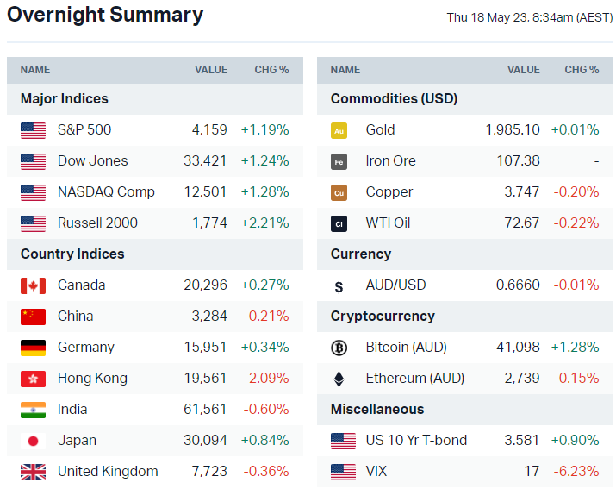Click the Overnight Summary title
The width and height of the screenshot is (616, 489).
coord(105,15)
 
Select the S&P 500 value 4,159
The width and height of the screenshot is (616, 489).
coord(209,129)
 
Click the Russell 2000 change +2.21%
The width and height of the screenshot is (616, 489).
coord(264,223)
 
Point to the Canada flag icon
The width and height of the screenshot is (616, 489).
coord(33,285)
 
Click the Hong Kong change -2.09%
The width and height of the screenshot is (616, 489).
coord(266,378)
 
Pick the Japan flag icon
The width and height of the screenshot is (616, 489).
coord(33,440)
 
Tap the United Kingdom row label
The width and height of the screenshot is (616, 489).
coord(108,471)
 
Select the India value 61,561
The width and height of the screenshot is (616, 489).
coord(206,409)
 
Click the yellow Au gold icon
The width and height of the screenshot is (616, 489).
coord(339,130)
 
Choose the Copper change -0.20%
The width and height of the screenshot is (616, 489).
coord(576,191)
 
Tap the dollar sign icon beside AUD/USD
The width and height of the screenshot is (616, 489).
coord(339,285)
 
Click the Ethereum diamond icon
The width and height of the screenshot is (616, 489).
coord(339,378)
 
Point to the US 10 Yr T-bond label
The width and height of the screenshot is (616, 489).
coord(416,440)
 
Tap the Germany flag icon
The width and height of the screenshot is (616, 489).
coord(33,347)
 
